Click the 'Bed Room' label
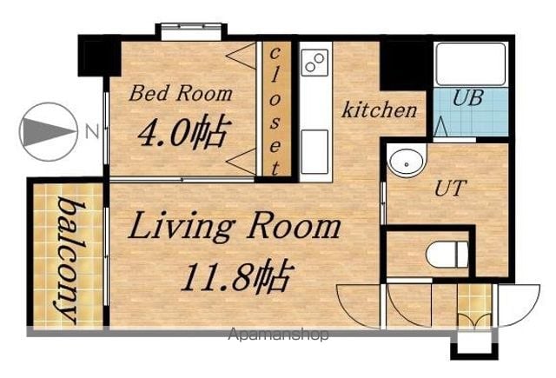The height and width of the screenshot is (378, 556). [x=181, y=93]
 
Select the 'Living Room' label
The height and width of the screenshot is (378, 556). [x=234, y=226]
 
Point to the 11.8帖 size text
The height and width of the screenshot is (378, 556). [x=237, y=275]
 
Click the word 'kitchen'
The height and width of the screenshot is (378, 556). [x=379, y=109]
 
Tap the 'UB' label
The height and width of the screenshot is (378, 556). [x=467, y=97]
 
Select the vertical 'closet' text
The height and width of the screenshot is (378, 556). [x=275, y=111]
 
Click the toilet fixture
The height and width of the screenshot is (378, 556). [x=447, y=254]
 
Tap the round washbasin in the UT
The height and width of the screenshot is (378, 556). [x=407, y=162]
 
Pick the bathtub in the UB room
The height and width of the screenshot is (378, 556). [x=471, y=64]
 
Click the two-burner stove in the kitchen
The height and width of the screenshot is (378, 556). [x=314, y=63]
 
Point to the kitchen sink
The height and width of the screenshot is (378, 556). [x=314, y=152]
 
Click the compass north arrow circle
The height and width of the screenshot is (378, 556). [x=49, y=131]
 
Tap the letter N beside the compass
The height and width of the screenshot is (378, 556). [x=92, y=131]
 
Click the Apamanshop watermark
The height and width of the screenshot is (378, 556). [x=279, y=335]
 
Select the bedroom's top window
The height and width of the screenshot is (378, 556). [x=192, y=31]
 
